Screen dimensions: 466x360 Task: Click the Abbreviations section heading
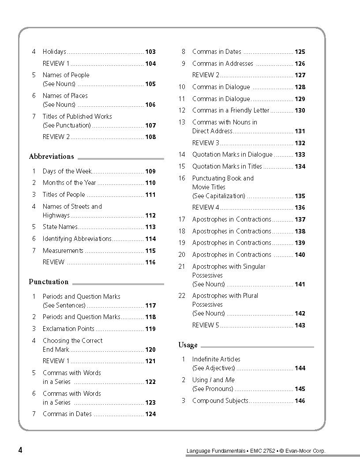click(x=51, y=157)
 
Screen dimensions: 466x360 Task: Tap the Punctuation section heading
click(x=49, y=282)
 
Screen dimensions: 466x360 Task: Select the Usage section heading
click(x=188, y=345)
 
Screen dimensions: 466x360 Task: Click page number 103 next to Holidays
click(x=150, y=52)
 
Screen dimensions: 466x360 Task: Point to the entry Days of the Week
click(x=67, y=171)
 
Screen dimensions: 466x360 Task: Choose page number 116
click(x=150, y=263)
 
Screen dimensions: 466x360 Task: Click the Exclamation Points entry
click(x=68, y=329)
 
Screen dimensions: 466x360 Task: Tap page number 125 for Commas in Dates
click(x=300, y=52)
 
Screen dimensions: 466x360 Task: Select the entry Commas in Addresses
click(x=222, y=64)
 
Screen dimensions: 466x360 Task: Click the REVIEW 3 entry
click(x=206, y=143)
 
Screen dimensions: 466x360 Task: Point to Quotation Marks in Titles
click(x=227, y=166)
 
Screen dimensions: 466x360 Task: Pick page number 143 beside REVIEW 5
click(x=300, y=326)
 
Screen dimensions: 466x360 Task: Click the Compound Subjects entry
click(x=220, y=401)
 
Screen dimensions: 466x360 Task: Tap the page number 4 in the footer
click(x=20, y=450)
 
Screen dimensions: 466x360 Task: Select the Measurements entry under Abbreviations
click(x=63, y=251)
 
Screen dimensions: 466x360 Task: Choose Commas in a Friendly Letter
click(x=230, y=110)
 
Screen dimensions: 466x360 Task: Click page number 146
click(x=300, y=401)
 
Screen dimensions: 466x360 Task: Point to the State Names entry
click(x=60, y=227)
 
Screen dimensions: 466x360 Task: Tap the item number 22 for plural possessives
click(x=182, y=296)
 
